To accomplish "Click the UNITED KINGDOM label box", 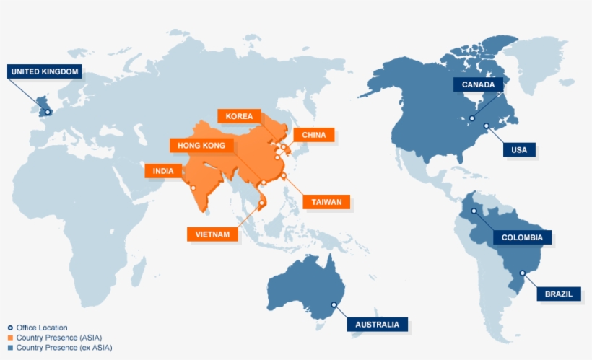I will [44, 71].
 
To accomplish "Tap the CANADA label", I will [478, 84].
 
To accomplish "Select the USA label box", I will [520, 150].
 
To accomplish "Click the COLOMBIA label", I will [523, 237].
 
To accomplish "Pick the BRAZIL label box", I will [559, 294].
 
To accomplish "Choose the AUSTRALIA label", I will [378, 324].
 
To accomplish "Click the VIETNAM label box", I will [212, 234].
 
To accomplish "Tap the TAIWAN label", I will [326, 202].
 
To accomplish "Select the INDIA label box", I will [163, 171].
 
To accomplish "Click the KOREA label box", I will [239, 116].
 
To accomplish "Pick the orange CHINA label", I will [314, 135].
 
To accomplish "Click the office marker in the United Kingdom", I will [48, 112].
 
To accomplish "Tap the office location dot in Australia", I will [334, 305].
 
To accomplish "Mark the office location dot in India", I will [193, 188].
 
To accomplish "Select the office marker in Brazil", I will [522, 273].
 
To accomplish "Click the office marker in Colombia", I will [474, 211].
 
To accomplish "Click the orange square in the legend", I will [10, 338].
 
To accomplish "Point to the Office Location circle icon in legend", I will [10, 328].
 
